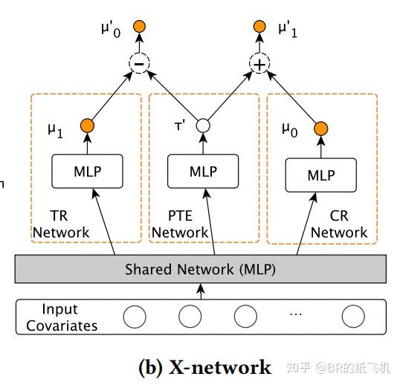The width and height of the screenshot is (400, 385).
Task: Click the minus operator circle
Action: click(x=139, y=64)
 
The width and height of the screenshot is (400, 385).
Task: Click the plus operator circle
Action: click(x=259, y=64)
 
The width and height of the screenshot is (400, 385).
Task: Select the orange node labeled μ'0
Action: click(x=139, y=27)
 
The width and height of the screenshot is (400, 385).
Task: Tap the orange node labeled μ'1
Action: click(x=259, y=27)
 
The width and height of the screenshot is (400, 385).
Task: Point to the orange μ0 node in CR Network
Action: click(x=321, y=129)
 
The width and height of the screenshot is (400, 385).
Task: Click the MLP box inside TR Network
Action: click(x=87, y=171)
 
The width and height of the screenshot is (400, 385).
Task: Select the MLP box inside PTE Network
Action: click(x=203, y=171)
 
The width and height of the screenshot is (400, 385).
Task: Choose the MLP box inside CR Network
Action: click(x=321, y=175)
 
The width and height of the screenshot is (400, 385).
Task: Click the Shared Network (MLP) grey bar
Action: click(x=200, y=269)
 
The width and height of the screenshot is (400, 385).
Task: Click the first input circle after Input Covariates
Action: click(x=135, y=317)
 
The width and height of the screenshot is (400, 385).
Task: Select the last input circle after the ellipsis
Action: click(x=353, y=317)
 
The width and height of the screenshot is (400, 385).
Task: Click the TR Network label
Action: click(x=60, y=224)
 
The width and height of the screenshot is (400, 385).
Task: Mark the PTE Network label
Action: click(x=180, y=224)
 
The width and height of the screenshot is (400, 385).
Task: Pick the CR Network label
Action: click(x=339, y=224)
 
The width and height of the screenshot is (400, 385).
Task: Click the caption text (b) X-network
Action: click(x=205, y=366)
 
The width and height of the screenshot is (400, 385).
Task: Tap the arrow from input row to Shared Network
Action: click(x=199, y=291)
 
